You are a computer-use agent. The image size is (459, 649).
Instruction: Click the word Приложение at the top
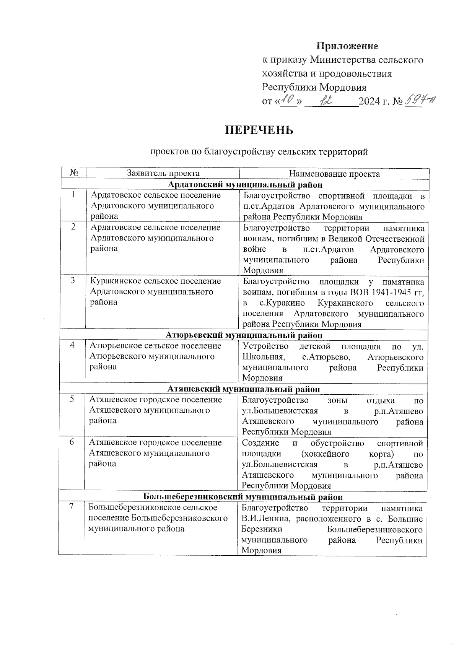click(347, 46)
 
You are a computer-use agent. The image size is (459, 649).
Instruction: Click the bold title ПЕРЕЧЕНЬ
click(259, 130)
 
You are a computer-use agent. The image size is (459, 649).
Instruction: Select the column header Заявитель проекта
click(163, 173)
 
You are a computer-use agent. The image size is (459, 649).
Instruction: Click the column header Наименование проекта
click(334, 174)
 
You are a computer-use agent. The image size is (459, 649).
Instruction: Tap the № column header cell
click(74, 173)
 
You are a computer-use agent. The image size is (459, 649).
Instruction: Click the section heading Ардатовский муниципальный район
click(245, 185)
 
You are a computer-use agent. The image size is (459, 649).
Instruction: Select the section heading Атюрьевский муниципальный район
click(244, 335)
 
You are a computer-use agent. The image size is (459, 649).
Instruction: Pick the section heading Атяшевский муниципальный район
click(244, 389)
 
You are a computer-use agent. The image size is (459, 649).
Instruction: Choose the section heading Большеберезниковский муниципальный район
click(243, 497)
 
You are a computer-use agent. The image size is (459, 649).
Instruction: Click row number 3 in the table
click(73, 281)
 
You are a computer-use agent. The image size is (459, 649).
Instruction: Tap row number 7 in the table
click(71, 507)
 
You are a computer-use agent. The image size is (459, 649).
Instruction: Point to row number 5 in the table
click(72, 399)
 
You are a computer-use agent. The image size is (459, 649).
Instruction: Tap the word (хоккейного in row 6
click(325, 454)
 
